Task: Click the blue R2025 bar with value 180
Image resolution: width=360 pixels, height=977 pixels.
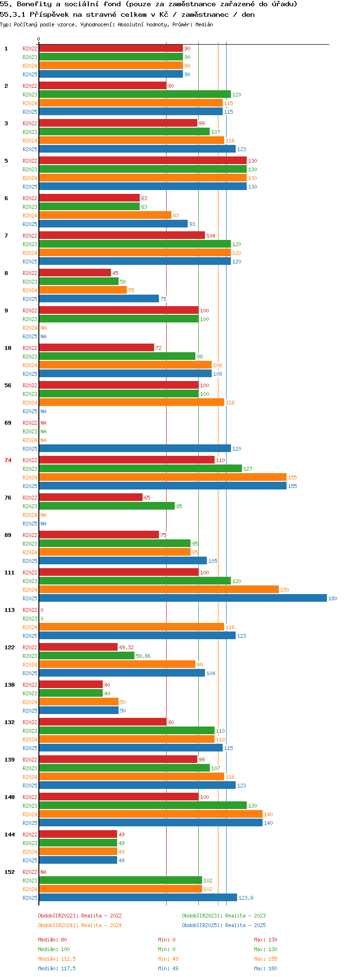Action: (x=182, y=598)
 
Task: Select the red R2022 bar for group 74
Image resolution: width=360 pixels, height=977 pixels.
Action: (x=126, y=460)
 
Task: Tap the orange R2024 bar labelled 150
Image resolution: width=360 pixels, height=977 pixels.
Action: (x=158, y=589)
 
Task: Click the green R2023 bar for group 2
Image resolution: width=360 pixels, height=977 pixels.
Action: (x=134, y=94)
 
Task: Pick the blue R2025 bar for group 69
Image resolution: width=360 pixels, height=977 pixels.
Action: (x=134, y=448)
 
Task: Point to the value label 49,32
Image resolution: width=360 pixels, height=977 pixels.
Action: (x=126, y=647)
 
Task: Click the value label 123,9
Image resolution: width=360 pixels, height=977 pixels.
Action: (x=246, y=898)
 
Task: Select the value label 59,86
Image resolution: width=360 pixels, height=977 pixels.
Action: (x=143, y=656)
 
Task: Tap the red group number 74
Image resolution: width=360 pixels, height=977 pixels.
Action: (x=8, y=460)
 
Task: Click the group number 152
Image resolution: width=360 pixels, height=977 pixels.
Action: (x=10, y=872)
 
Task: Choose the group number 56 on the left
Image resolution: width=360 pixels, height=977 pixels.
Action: (x=8, y=385)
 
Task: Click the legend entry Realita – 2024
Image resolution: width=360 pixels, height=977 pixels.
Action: (x=80, y=925)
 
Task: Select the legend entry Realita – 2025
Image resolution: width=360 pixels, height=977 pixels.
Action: (x=224, y=925)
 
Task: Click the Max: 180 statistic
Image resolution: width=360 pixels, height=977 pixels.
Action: (x=265, y=968)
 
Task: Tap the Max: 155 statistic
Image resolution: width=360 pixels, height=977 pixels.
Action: (x=265, y=959)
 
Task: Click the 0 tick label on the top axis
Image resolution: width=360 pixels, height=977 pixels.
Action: (x=39, y=39)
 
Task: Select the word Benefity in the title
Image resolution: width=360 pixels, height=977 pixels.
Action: (x=34, y=4)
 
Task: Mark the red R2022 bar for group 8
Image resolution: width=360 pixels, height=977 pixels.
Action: (x=74, y=273)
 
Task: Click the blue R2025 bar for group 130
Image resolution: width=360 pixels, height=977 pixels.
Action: (x=78, y=710)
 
